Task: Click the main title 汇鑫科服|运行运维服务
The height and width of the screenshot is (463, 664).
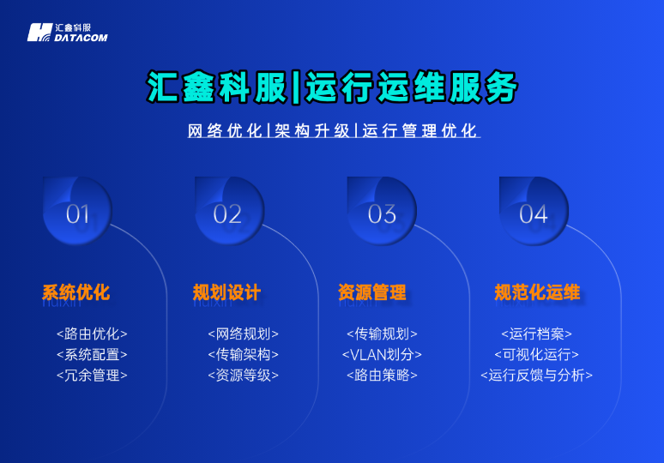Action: pos(332,87)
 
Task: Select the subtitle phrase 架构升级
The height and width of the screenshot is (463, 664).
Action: pos(312,131)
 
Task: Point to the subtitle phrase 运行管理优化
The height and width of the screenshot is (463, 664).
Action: pos(420,131)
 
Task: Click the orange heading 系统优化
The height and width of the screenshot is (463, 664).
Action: pos(76,292)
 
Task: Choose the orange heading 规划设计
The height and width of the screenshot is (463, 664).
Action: pos(226,292)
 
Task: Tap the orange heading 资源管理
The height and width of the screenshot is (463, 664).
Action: pos(372,292)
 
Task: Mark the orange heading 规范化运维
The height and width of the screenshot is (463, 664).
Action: pos(537,292)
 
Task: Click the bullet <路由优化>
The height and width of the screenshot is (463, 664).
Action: pos(92,334)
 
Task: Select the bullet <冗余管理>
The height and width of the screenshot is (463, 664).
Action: pos(92,375)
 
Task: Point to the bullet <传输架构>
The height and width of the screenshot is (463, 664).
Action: pos(243,354)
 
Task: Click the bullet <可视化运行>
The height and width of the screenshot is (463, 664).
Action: pos(536,354)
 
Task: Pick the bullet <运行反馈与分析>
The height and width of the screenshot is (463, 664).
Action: pos(536,375)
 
